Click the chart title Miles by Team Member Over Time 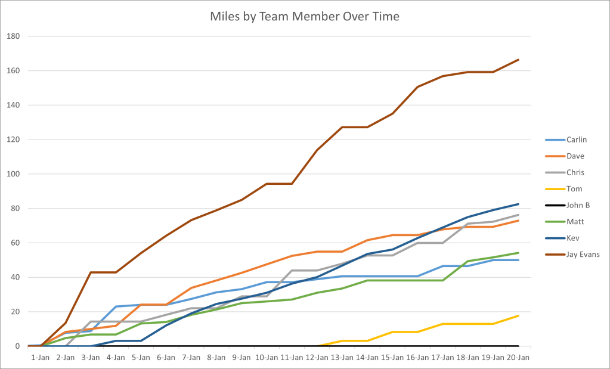point(305,16)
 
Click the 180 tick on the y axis point(13,36)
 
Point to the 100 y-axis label point(13,174)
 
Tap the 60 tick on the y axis point(15,243)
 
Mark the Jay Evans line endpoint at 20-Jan point(518,60)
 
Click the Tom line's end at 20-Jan point(518,315)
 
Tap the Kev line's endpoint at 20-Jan point(518,204)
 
